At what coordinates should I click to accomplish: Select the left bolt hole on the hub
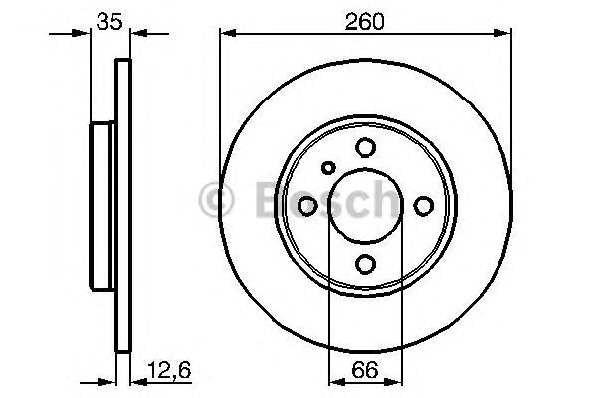click(307, 205)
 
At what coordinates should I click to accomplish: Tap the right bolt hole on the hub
click(424, 205)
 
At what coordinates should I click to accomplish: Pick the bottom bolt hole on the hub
click(365, 263)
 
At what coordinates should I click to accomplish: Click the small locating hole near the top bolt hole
click(329, 167)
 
